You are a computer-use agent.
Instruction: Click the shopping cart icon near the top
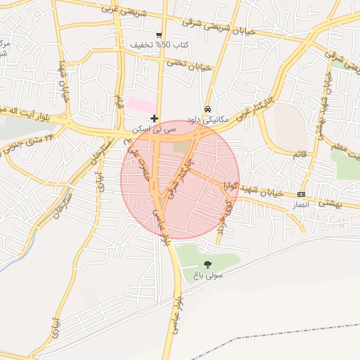click(x=160, y=34)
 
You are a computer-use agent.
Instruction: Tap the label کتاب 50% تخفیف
click(x=160, y=45)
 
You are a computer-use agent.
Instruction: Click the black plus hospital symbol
click(x=155, y=118)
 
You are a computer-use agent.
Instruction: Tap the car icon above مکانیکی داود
click(x=207, y=110)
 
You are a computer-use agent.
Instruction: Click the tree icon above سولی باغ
click(x=206, y=264)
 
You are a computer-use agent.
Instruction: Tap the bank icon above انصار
click(x=301, y=194)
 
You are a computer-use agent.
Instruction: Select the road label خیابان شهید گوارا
click(x=253, y=189)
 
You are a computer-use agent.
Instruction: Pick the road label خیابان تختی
click(x=188, y=65)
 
